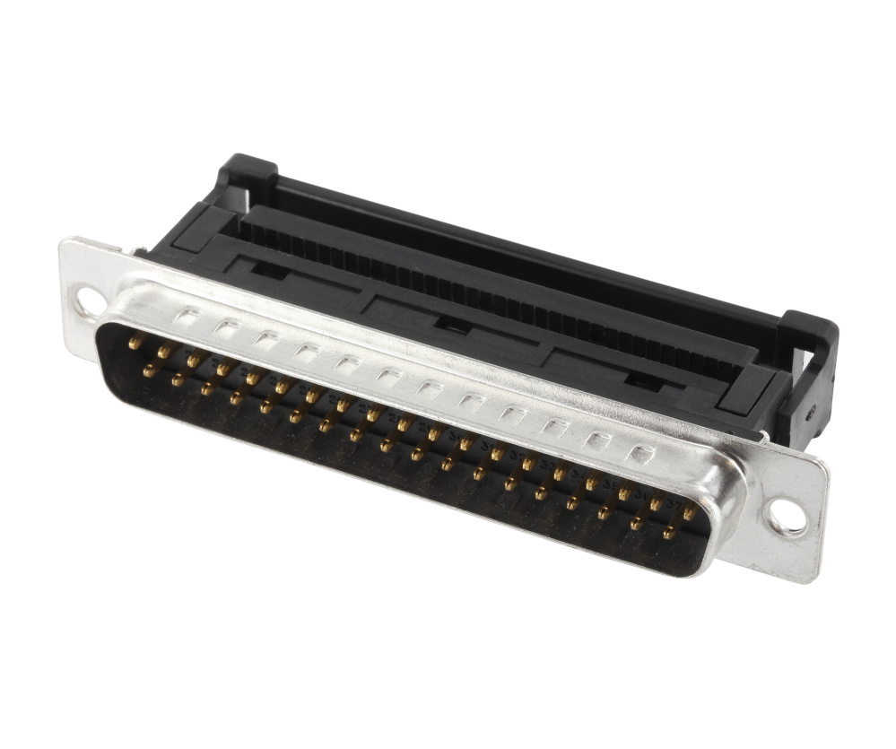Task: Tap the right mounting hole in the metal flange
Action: coord(788,518)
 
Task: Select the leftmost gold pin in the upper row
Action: coord(135,342)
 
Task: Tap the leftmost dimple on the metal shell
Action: coord(188,316)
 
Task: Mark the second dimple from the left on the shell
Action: coord(226,327)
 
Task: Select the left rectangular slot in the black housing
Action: coord(263,267)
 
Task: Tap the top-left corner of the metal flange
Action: coord(65,242)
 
